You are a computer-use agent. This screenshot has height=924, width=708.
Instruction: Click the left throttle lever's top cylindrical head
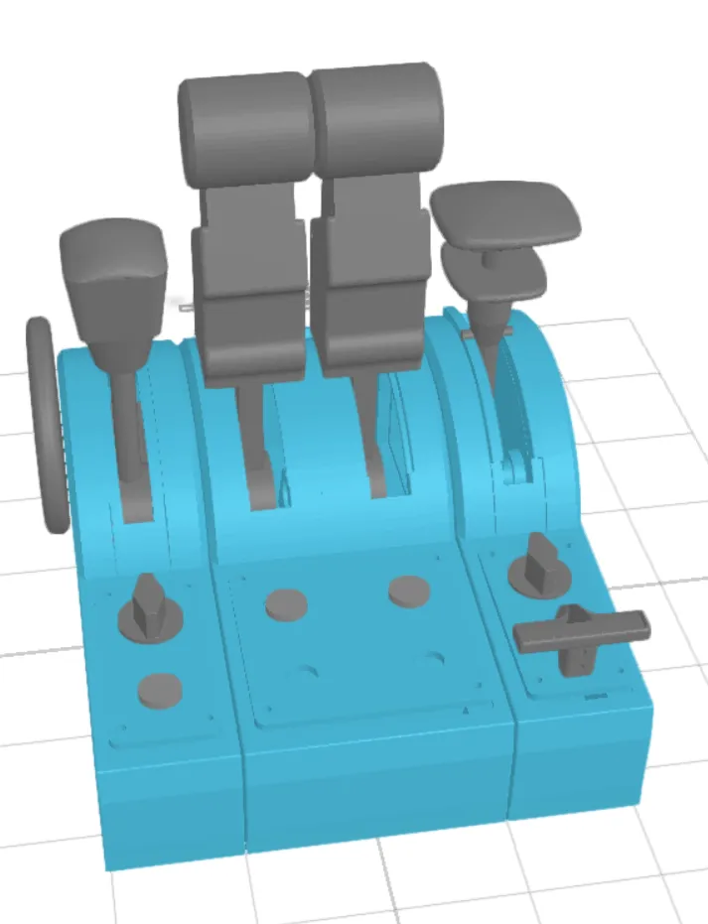[245, 124]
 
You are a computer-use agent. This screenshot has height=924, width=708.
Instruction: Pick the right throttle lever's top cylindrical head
[377, 117]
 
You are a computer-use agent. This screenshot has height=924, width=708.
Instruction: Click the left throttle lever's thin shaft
[253, 437]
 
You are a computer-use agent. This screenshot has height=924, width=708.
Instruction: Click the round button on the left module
[159, 690]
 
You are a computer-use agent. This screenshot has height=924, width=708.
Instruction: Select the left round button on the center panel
[286, 603]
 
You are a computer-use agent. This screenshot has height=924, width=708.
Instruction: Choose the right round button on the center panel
[409, 591]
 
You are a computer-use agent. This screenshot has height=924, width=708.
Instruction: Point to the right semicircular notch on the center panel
[433, 657]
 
